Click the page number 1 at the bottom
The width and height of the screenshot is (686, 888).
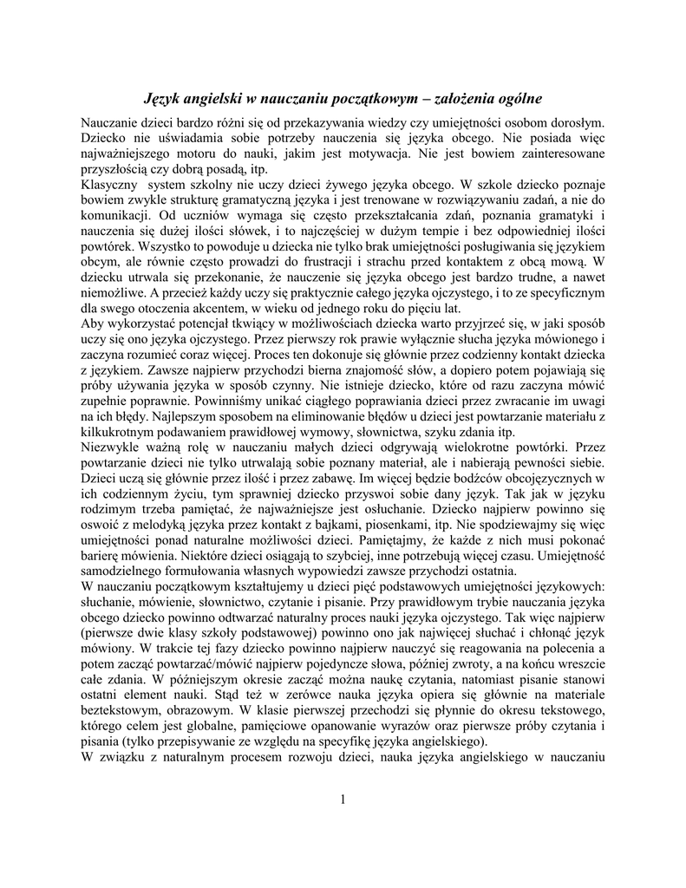click(x=343, y=800)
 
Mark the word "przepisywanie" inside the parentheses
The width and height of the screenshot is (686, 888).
click(x=212, y=742)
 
